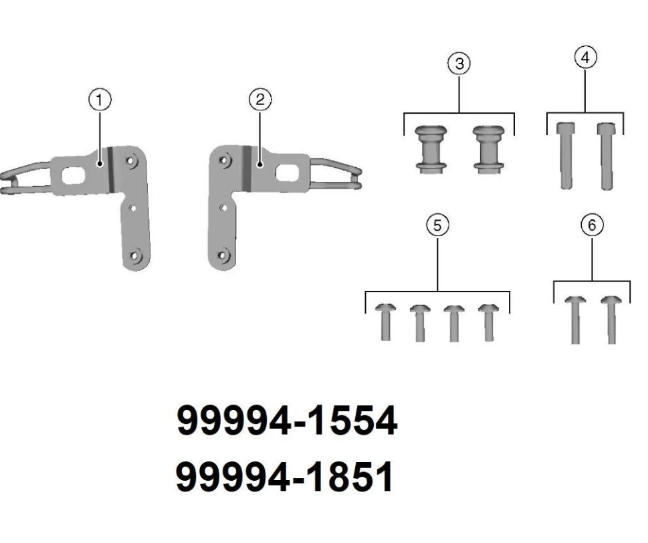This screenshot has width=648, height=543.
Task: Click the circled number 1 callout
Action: (100, 100)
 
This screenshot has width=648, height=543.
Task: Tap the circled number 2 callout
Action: (260, 100)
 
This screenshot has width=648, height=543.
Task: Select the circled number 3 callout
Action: (459, 64)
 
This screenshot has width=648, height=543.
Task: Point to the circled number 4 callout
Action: (585, 58)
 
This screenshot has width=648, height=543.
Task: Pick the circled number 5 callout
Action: (437, 225)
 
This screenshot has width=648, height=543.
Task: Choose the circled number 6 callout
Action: (592, 225)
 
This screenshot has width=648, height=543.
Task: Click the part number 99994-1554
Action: (287, 420)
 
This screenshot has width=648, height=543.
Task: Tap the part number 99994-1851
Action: (285, 477)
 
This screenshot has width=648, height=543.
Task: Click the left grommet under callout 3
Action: (431, 149)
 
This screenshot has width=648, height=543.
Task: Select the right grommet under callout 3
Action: (488, 149)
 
